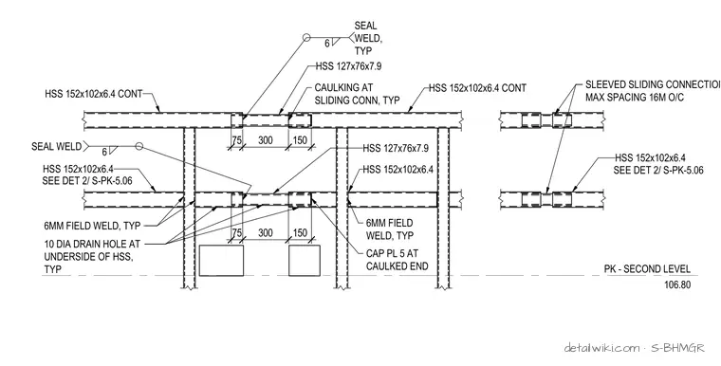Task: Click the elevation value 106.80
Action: point(677,285)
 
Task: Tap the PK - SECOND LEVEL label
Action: point(647,269)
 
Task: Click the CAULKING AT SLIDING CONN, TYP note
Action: point(357,93)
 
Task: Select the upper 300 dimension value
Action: point(266,140)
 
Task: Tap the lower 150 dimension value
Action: point(300,232)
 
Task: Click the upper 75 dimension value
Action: point(236,140)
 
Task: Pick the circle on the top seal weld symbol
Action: point(306,38)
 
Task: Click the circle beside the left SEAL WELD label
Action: point(139,146)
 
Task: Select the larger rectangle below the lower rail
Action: point(221,261)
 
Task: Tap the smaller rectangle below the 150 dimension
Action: point(305,261)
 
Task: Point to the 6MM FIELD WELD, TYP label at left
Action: point(92,226)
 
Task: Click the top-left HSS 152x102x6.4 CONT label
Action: point(94,94)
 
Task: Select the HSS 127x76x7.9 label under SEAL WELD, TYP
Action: point(348,66)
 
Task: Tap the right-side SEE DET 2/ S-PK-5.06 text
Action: point(658,170)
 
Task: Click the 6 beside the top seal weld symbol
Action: point(327,45)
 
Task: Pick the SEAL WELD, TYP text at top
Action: point(368,38)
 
